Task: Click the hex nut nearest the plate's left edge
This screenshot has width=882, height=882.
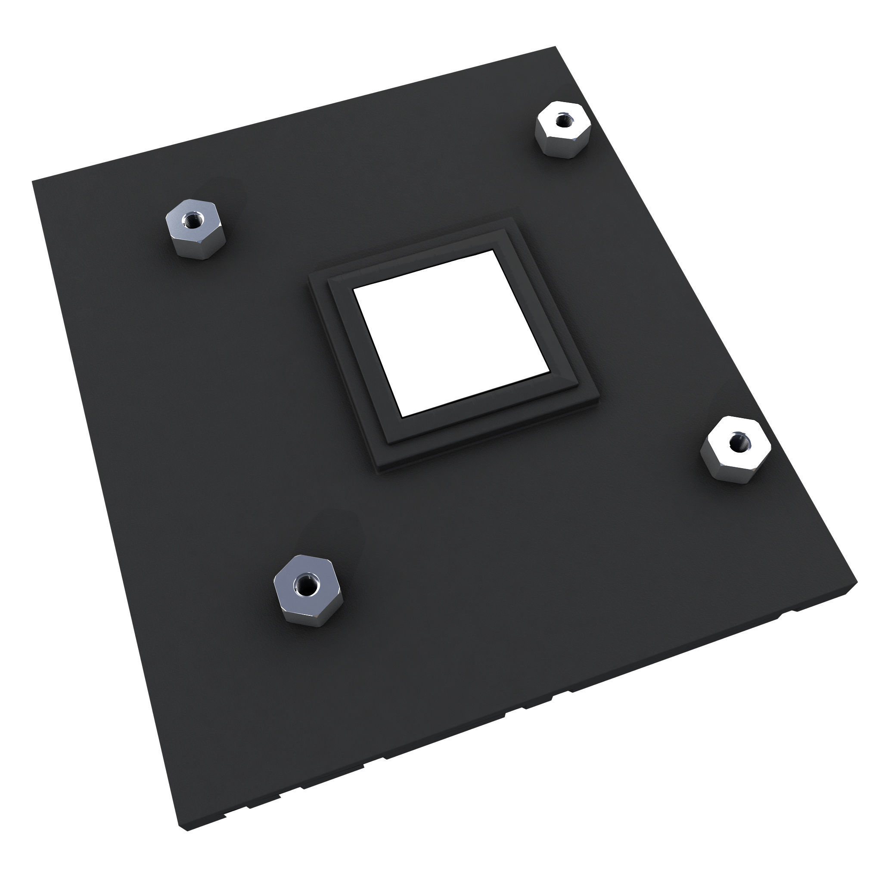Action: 194,228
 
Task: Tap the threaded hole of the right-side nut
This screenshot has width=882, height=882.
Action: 736,441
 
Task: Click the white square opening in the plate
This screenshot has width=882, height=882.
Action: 452,333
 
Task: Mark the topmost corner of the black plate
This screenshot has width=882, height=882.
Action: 555,47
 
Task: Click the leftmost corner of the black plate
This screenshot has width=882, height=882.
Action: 32,182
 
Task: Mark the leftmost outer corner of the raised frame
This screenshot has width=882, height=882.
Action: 308,275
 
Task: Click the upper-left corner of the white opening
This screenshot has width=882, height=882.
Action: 354,289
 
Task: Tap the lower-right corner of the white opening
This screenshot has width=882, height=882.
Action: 550,373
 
